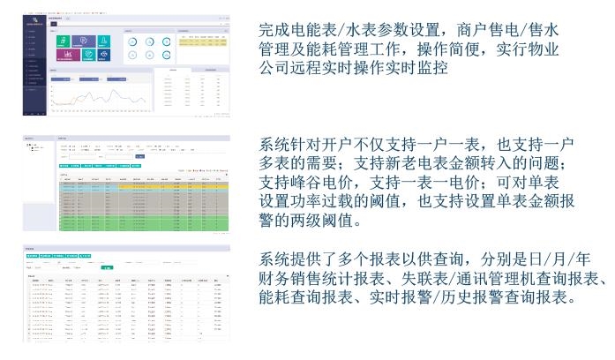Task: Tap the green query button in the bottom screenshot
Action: pyautogui.click(x=107, y=266)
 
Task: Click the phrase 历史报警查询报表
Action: pyautogui.click(x=506, y=298)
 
